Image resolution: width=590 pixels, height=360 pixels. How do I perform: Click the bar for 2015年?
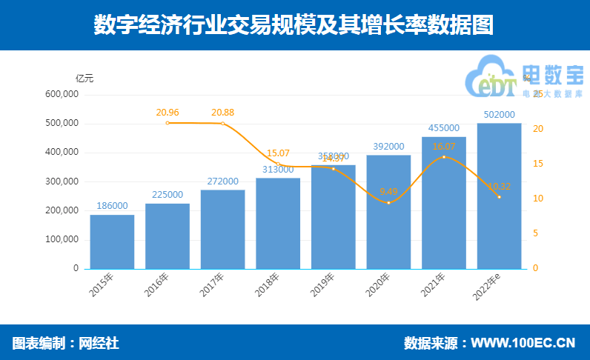[112, 241]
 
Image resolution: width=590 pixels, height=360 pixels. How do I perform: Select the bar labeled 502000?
[499, 196]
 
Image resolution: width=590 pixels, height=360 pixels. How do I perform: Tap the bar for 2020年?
[388, 212]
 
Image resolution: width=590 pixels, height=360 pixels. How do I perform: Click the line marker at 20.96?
[168, 123]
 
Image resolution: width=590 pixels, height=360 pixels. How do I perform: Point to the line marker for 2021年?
[444, 157]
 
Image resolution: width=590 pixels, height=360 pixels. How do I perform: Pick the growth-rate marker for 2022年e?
[499, 197]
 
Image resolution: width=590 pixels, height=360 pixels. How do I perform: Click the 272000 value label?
[222, 181]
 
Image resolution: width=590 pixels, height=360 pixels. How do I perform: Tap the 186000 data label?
[112, 206]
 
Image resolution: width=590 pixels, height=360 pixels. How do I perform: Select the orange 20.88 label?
[222, 113]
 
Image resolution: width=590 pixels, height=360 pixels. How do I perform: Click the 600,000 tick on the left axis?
[62, 95]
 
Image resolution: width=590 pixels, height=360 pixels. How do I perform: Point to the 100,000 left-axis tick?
[62, 240]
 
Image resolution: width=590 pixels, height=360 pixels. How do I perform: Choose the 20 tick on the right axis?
[539, 129]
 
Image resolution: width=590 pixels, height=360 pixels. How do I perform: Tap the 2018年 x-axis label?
[271, 284]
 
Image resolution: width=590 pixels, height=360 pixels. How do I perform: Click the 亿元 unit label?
[85, 78]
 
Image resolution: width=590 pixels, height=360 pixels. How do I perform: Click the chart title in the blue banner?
[294, 26]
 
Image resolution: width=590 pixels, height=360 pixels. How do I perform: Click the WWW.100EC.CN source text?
[523, 343]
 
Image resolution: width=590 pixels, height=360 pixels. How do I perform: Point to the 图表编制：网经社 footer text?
[66, 343]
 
